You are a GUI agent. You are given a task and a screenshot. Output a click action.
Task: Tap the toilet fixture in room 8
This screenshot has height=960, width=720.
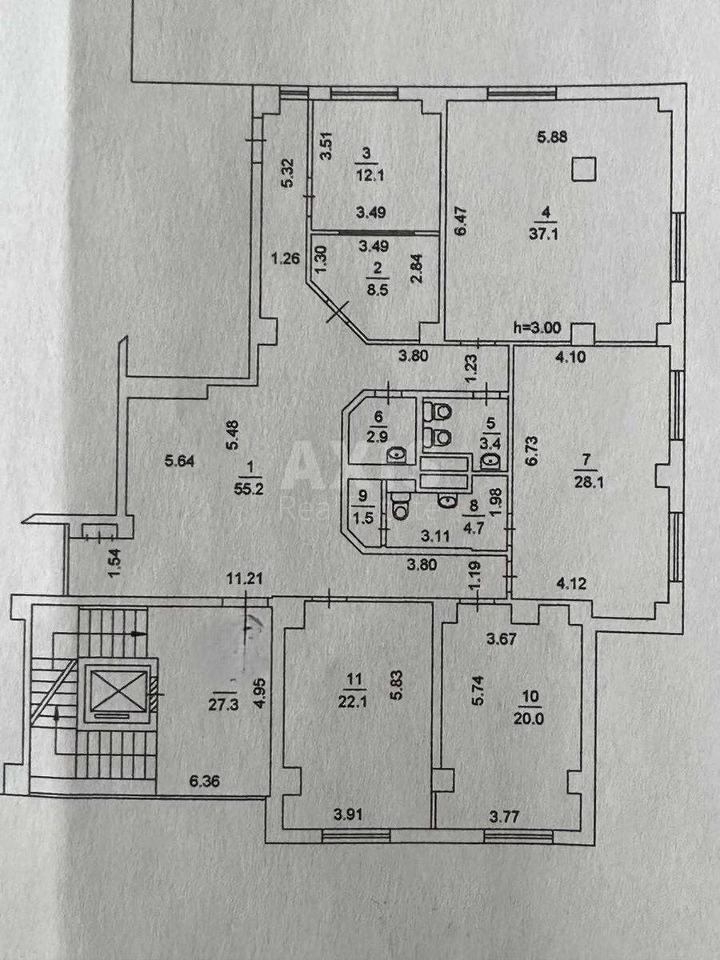click(x=400, y=506)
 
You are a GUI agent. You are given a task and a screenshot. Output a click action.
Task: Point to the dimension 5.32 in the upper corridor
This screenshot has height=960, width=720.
click(x=285, y=172)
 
